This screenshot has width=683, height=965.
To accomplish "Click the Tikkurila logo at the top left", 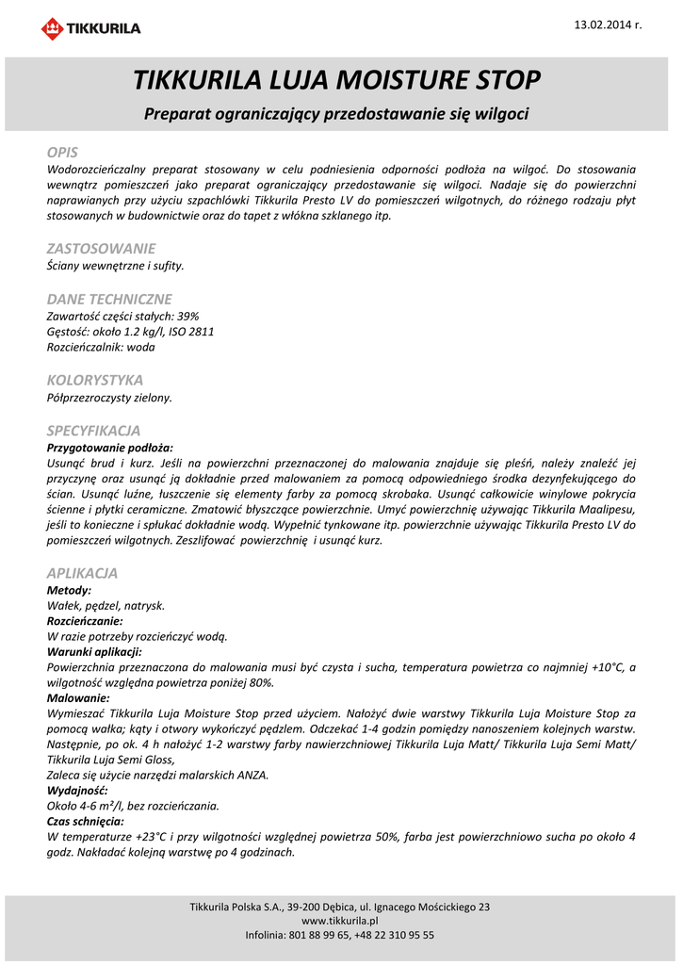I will click(90, 28).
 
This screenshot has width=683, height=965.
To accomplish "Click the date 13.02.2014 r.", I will click(608, 24).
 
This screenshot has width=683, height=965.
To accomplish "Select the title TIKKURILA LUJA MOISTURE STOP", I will click(336, 79).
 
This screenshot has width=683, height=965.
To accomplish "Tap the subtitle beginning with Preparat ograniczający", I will click(336, 114).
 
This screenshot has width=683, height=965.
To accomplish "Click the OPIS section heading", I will click(62, 152).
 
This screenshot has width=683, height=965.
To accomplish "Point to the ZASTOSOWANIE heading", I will click(101, 249).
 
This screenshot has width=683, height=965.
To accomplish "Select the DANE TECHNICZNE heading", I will click(109, 299).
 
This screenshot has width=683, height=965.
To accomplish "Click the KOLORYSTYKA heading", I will click(95, 380).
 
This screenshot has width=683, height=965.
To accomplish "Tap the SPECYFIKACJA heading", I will click(93, 430).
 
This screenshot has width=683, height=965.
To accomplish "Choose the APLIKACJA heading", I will click(82, 573).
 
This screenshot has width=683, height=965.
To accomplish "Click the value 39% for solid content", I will click(187, 316).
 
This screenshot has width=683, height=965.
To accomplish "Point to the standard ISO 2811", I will click(191, 332).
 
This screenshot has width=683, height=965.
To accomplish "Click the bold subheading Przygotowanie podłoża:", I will click(110, 448).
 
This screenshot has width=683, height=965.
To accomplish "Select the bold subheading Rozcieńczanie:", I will click(85, 621).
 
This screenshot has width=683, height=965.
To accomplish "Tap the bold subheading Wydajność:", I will click(77, 790).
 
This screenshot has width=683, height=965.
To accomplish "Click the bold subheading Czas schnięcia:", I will click(86, 821).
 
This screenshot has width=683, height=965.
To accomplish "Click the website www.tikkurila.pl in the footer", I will click(339, 921).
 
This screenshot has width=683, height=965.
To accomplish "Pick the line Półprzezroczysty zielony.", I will click(109, 398).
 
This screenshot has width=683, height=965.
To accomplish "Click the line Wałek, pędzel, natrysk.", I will click(106, 605).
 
